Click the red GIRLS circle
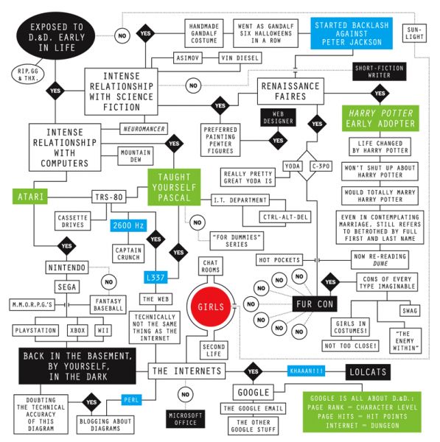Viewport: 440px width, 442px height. pyautogui.click(x=211, y=306)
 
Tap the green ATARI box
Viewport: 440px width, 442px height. pyautogui.click(x=30, y=197)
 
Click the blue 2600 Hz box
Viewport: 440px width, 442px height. pyautogui.click(x=128, y=225)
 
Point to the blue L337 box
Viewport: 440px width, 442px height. pyautogui.click(x=156, y=278)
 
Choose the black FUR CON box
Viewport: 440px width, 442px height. pyautogui.click(x=315, y=304)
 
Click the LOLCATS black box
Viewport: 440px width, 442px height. pyautogui.click(x=368, y=372)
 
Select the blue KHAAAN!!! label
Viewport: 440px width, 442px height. pyautogui.click(x=307, y=371)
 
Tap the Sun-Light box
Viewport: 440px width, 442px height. pyautogui.click(x=414, y=33)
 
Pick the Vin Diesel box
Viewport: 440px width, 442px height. pyautogui.click(x=240, y=58)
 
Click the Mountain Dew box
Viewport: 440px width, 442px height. pyautogui.click(x=136, y=156)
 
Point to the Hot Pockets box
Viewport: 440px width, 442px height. pyautogui.click(x=279, y=260)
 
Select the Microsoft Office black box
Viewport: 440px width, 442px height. pyautogui.click(x=185, y=419)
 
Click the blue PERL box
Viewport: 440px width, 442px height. pyautogui.click(x=131, y=400)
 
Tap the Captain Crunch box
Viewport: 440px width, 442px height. pyautogui.click(x=128, y=253)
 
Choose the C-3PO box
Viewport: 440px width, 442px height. pyautogui.click(x=321, y=166)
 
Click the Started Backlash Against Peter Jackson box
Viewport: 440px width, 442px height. pyautogui.click(x=352, y=34)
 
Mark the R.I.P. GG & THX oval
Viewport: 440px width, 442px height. pyautogui.click(x=28, y=74)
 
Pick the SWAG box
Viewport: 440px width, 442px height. pyautogui.click(x=410, y=311)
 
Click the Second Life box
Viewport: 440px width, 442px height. pyautogui.click(x=214, y=351)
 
